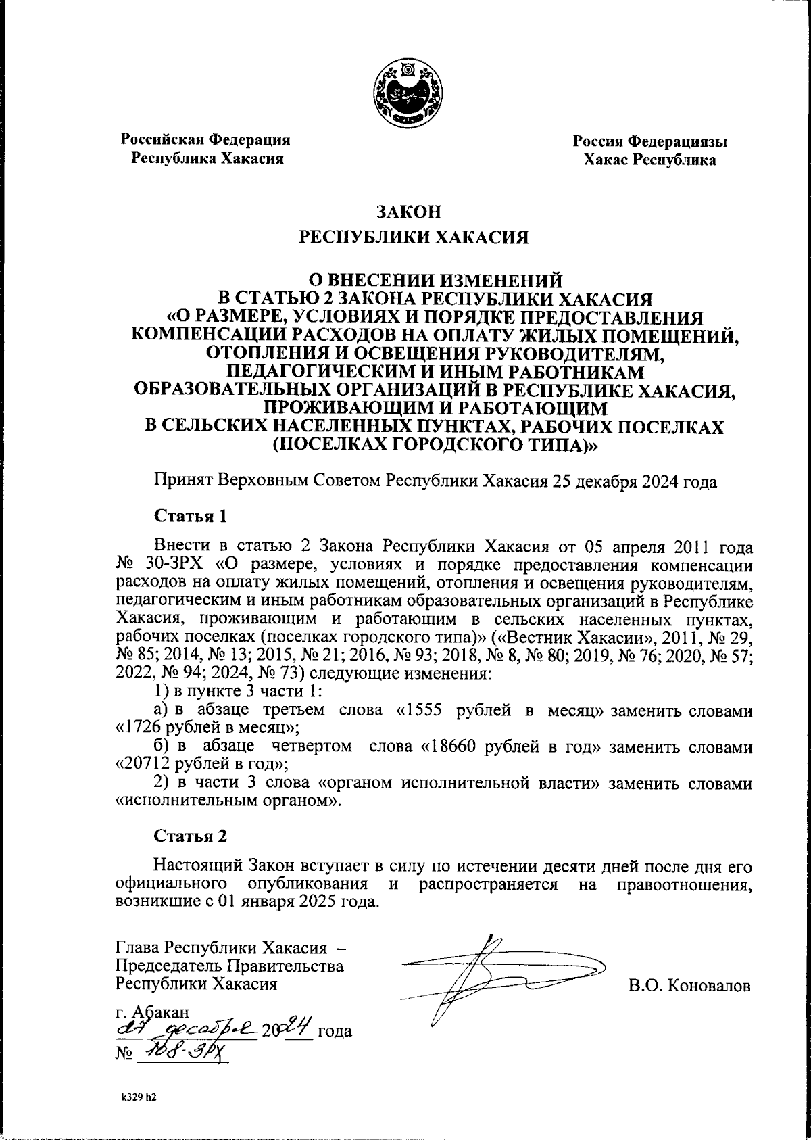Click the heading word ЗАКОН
[408, 212]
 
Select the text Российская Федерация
[205, 140]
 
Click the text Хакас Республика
[649, 160]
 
